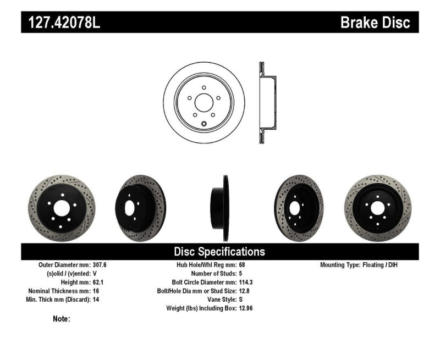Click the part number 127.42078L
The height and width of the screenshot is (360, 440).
(x=61, y=23)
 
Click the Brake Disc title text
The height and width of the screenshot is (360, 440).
(x=375, y=23)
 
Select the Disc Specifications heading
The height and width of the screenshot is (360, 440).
(x=219, y=252)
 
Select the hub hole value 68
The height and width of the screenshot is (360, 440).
(x=243, y=264)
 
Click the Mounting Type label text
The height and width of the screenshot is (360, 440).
(x=343, y=264)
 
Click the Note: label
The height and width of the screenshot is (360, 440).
(x=62, y=319)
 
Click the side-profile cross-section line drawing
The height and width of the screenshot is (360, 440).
(x=266, y=103)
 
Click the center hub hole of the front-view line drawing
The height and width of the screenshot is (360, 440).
(x=204, y=103)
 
